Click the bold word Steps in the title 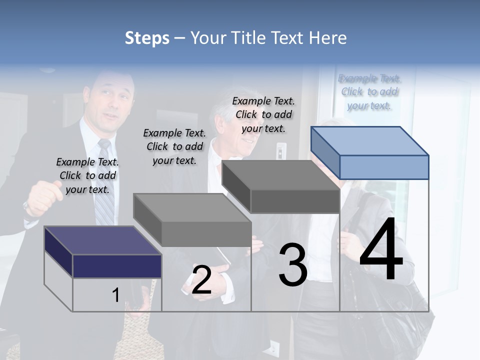click(147, 38)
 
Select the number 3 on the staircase click(293, 265)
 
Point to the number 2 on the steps click(201, 280)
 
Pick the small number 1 click(115, 295)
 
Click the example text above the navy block click(87, 175)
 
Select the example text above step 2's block click(174, 146)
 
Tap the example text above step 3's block click(263, 114)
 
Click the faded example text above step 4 click(369, 91)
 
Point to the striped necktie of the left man click(104, 184)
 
